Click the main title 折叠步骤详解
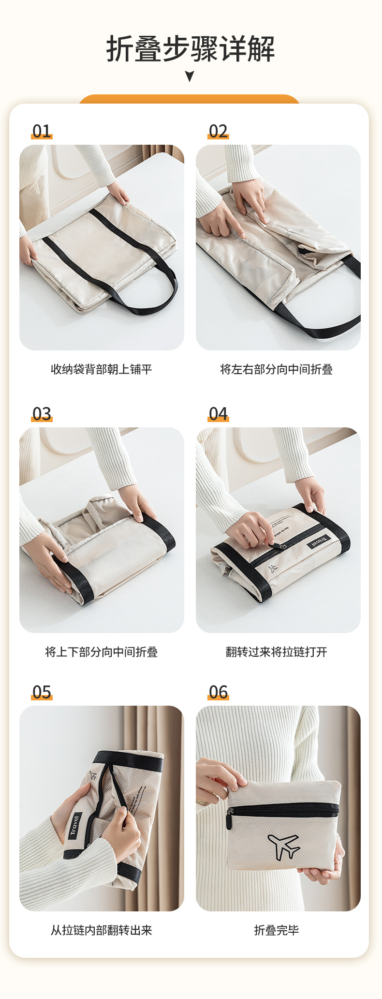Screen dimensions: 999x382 [x=191, y=49]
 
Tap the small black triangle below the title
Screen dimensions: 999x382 [x=190, y=76]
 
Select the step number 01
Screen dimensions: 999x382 [x=42, y=131]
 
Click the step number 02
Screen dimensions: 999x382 [x=218, y=131]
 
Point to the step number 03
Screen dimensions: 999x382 [x=42, y=414]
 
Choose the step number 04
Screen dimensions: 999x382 [x=218, y=414]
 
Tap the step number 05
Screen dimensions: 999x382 [x=42, y=692]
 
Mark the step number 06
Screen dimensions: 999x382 [x=218, y=692]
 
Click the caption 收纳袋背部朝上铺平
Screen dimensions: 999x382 [x=102, y=369]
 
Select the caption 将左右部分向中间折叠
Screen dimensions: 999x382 [x=277, y=369]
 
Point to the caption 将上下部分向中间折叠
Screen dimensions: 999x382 [x=102, y=652]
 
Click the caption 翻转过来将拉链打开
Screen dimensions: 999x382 [x=277, y=652]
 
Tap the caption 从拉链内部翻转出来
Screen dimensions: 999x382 [x=102, y=930]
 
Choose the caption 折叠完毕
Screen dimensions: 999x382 [x=277, y=930]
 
